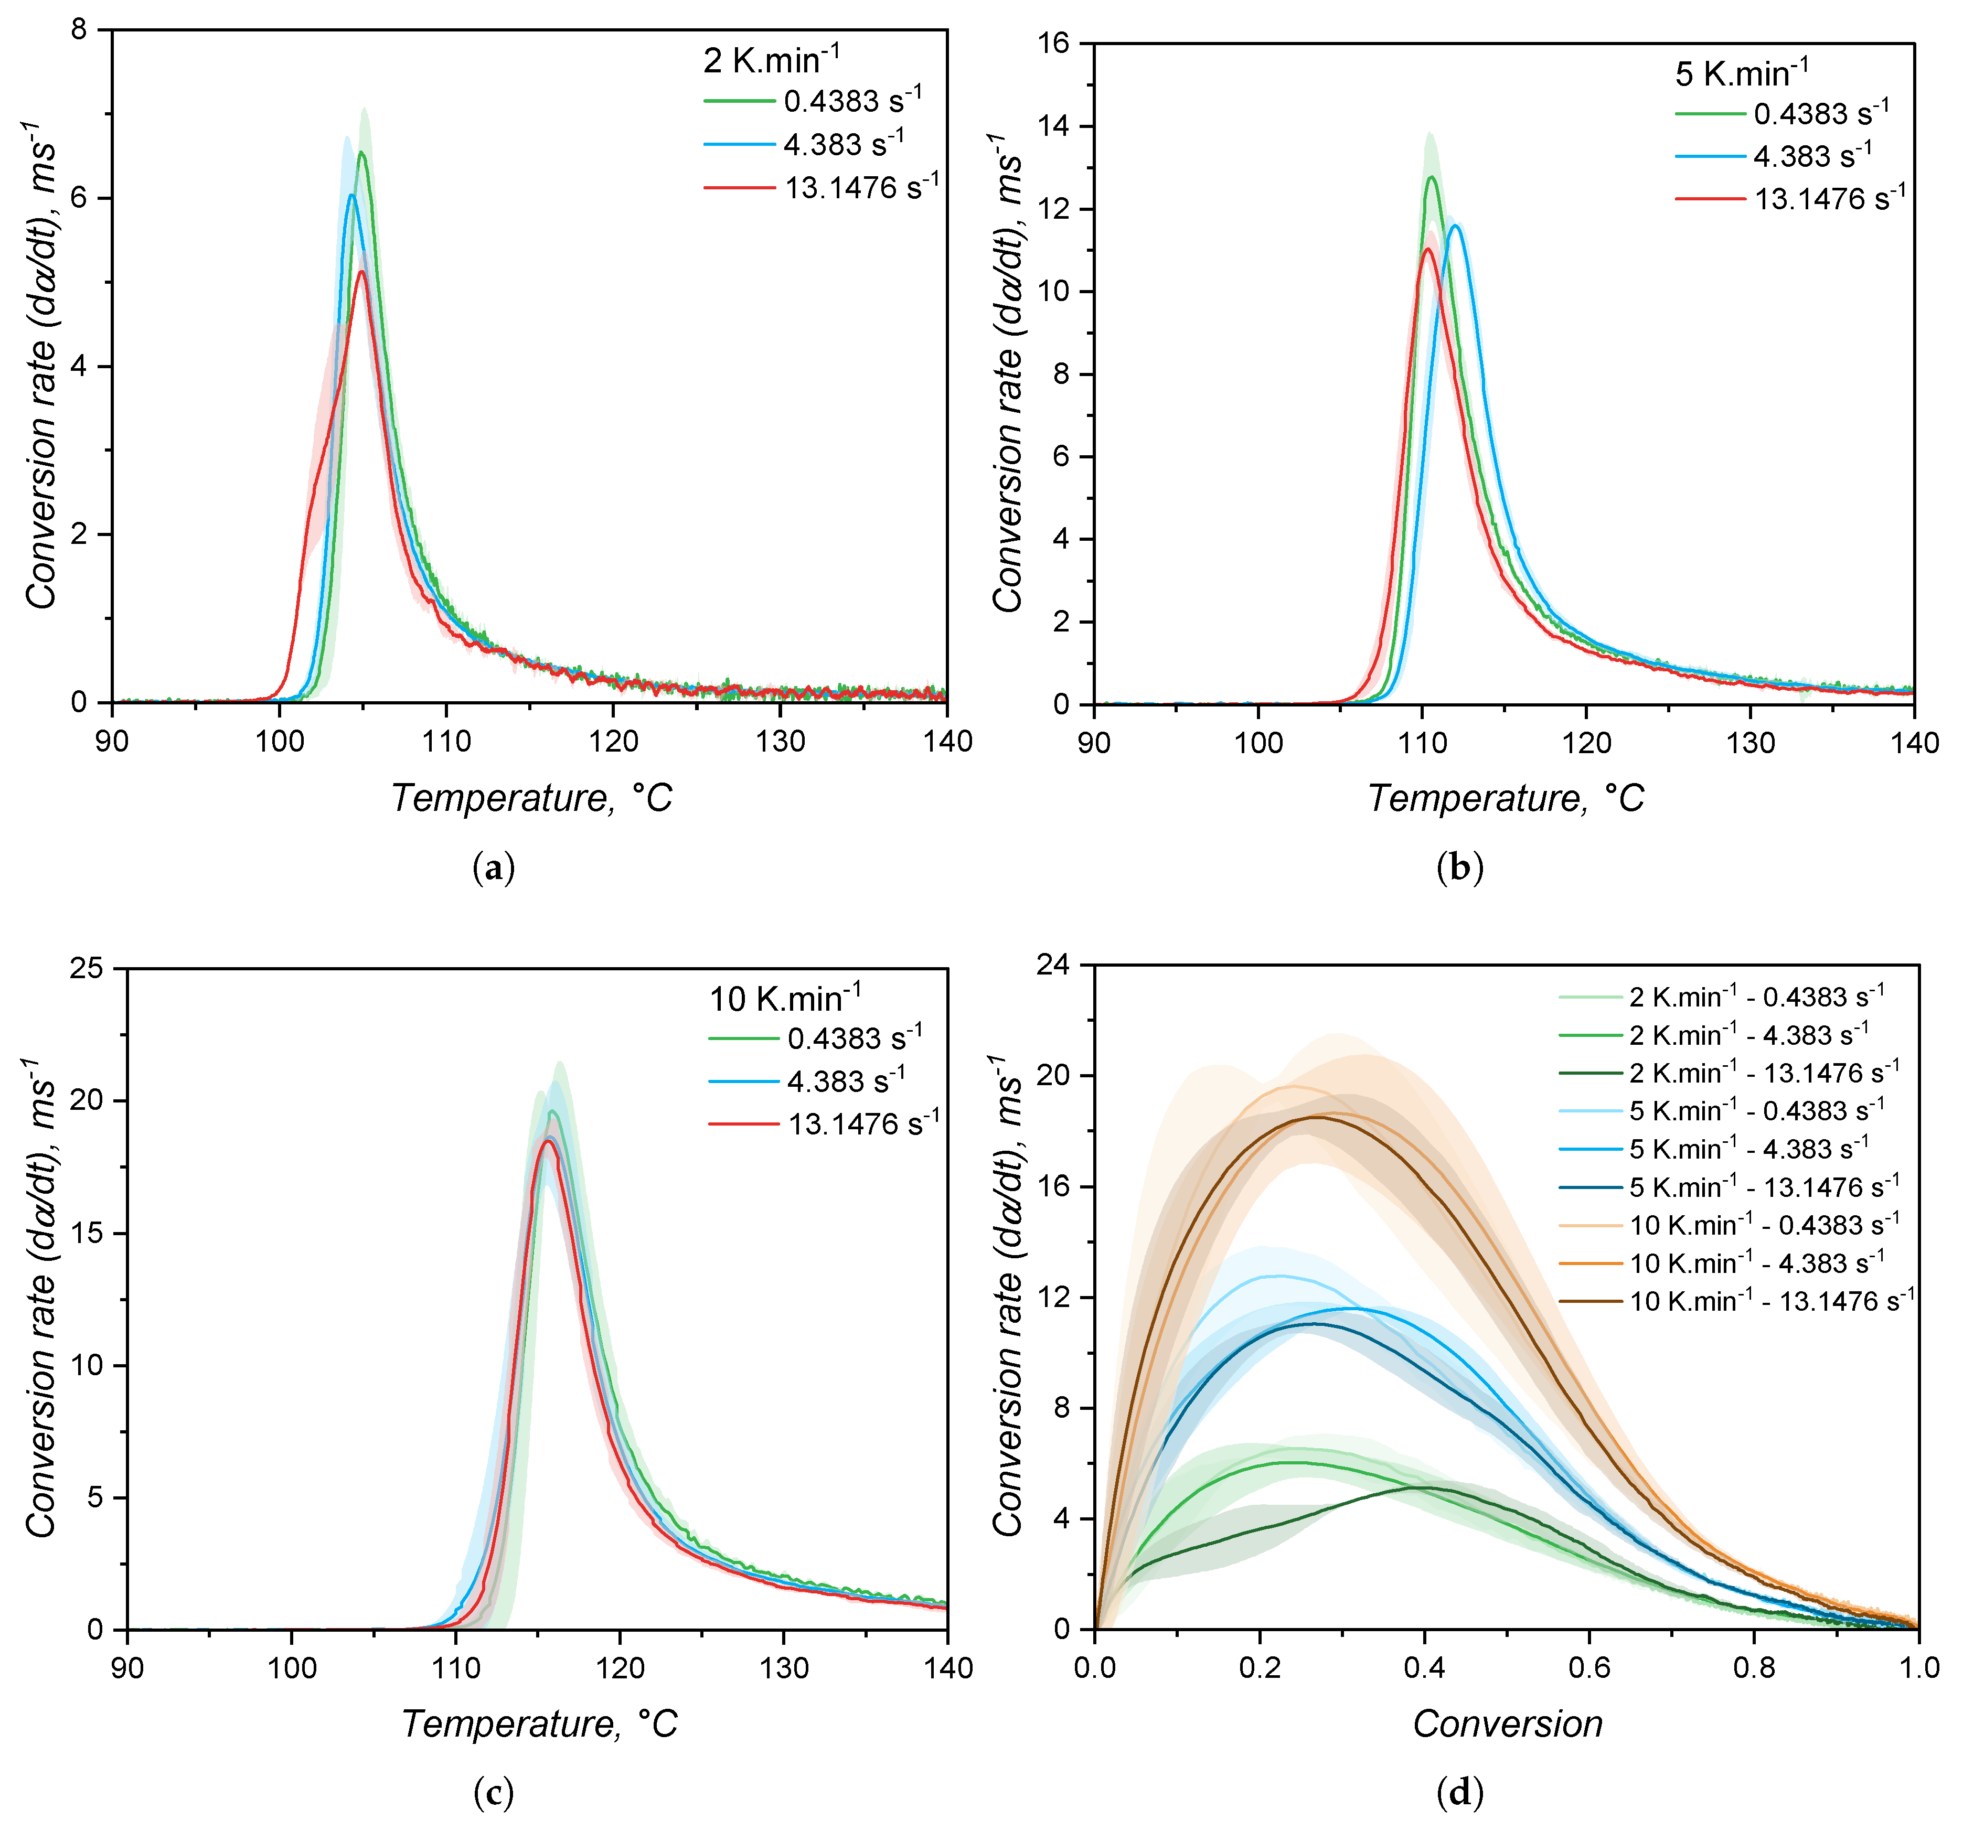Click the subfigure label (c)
coord(494,1793)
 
